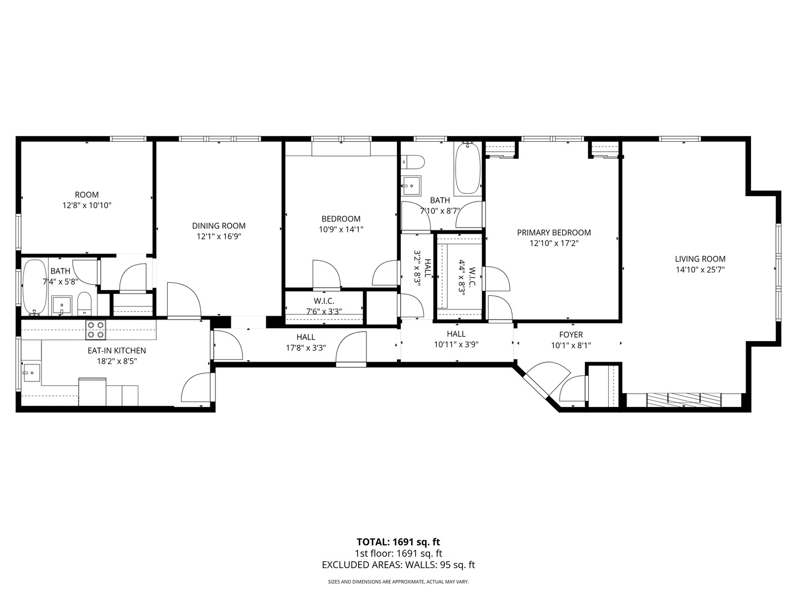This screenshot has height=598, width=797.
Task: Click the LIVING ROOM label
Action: click(700, 259)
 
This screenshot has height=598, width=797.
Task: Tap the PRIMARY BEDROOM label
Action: click(553, 233)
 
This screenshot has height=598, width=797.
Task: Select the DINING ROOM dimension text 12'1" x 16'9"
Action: click(219, 236)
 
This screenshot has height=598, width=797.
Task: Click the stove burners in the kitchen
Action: click(95, 330)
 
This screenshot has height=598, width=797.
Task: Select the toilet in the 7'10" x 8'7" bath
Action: click(413, 162)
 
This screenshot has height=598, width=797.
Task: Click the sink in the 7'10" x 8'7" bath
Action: click(411, 185)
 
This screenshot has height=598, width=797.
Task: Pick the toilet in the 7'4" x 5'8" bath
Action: click(84, 304)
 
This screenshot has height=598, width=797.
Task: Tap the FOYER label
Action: click(571, 334)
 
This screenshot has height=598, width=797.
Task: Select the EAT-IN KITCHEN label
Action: click(116, 350)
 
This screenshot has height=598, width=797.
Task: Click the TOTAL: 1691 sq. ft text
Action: click(398, 542)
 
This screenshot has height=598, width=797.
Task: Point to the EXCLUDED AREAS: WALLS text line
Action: click(398, 565)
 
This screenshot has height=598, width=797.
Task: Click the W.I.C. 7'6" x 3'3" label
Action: click(324, 306)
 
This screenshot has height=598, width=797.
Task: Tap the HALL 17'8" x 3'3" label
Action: click(306, 343)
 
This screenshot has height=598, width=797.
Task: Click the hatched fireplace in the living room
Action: click(684, 400)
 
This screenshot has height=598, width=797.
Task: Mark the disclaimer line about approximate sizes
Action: click(398, 582)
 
